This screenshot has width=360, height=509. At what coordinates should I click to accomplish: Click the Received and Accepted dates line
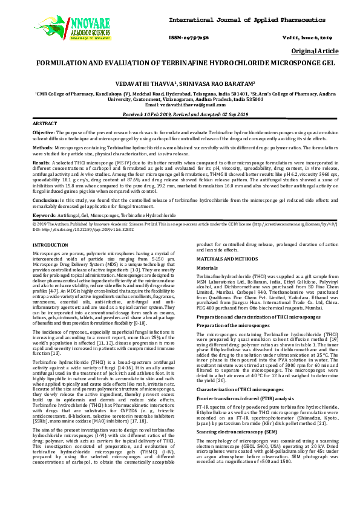tap(180, 114)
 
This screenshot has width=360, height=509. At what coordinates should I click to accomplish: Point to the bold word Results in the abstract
tap(41, 162)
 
